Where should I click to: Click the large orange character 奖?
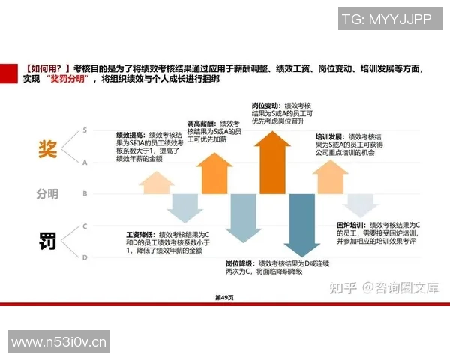pyautogui.click(x=47, y=148)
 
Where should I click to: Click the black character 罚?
pyautogui.click(x=47, y=241)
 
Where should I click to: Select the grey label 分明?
pyautogui.click(x=46, y=194)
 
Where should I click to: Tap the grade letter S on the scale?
pyautogui.click(x=85, y=130)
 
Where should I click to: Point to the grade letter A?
pyautogui.click(x=85, y=162)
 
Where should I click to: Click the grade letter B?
pyautogui.click(x=85, y=194)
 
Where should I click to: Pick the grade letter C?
pyautogui.click(x=85, y=226)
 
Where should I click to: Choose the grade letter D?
pyautogui.click(x=85, y=257)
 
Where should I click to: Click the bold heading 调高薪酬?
pyautogui.click(x=200, y=122)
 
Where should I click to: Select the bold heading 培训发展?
pyautogui.click(x=329, y=137)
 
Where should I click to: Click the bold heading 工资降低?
pyautogui.click(x=140, y=235)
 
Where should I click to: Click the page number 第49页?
pyautogui.click(x=225, y=298)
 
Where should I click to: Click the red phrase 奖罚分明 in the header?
pyautogui.click(x=71, y=79)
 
